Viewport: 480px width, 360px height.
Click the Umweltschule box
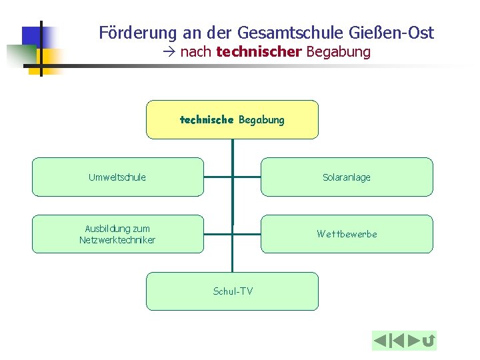click(x=117, y=177)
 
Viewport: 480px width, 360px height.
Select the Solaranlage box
click(x=346, y=177)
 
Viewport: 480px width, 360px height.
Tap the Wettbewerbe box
click(x=346, y=234)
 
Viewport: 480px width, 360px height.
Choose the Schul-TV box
click(x=232, y=291)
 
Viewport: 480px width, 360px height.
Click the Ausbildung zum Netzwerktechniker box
click(x=117, y=234)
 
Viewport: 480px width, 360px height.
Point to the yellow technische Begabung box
click(x=232, y=119)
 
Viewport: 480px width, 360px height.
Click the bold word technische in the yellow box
click(x=206, y=120)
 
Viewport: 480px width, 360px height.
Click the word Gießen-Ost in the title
click(x=397, y=32)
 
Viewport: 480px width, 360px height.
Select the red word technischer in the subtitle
click(x=259, y=51)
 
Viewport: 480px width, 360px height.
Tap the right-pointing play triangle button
click(x=413, y=341)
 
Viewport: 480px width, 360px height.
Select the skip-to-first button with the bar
click(x=397, y=341)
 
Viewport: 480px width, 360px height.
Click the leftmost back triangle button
click(x=380, y=341)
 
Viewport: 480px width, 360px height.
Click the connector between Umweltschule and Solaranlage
click(x=232, y=177)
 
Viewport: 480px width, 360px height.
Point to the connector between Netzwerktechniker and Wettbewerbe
click(x=232, y=234)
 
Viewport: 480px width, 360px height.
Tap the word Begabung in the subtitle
click(x=338, y=51)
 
